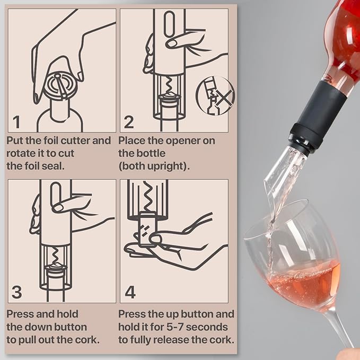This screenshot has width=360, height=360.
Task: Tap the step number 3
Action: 16,292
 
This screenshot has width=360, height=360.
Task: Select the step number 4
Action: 130,292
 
